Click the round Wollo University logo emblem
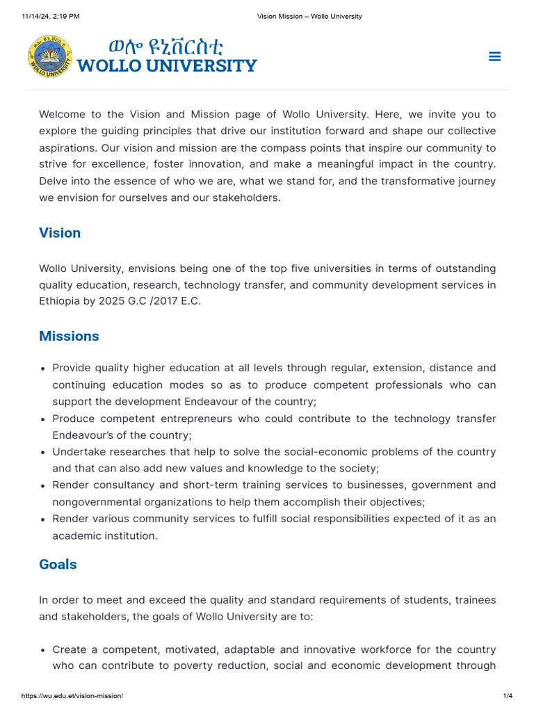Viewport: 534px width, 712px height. (x=50, y=57)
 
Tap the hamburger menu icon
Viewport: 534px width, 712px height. (x=494, y=56)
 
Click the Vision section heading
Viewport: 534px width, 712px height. (x=60, y=233)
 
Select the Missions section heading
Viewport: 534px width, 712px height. (x=69, y=337)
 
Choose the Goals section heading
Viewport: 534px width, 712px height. (x=58, y=565)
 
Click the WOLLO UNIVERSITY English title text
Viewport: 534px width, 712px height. (x=167, y=66)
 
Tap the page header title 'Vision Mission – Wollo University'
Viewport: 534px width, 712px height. (x=309, y=16)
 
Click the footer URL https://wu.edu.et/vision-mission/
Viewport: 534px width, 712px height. (x=72, y=696)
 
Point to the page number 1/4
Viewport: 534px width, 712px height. (x=507, y=696)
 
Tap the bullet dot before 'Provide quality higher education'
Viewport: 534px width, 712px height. (x=44, y=369)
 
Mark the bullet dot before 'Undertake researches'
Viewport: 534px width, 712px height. (x=44, y=453)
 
